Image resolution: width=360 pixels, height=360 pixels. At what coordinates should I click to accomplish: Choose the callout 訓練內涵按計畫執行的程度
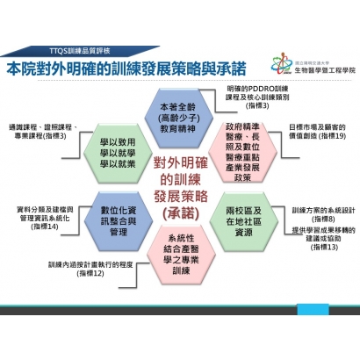click(89, 268)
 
